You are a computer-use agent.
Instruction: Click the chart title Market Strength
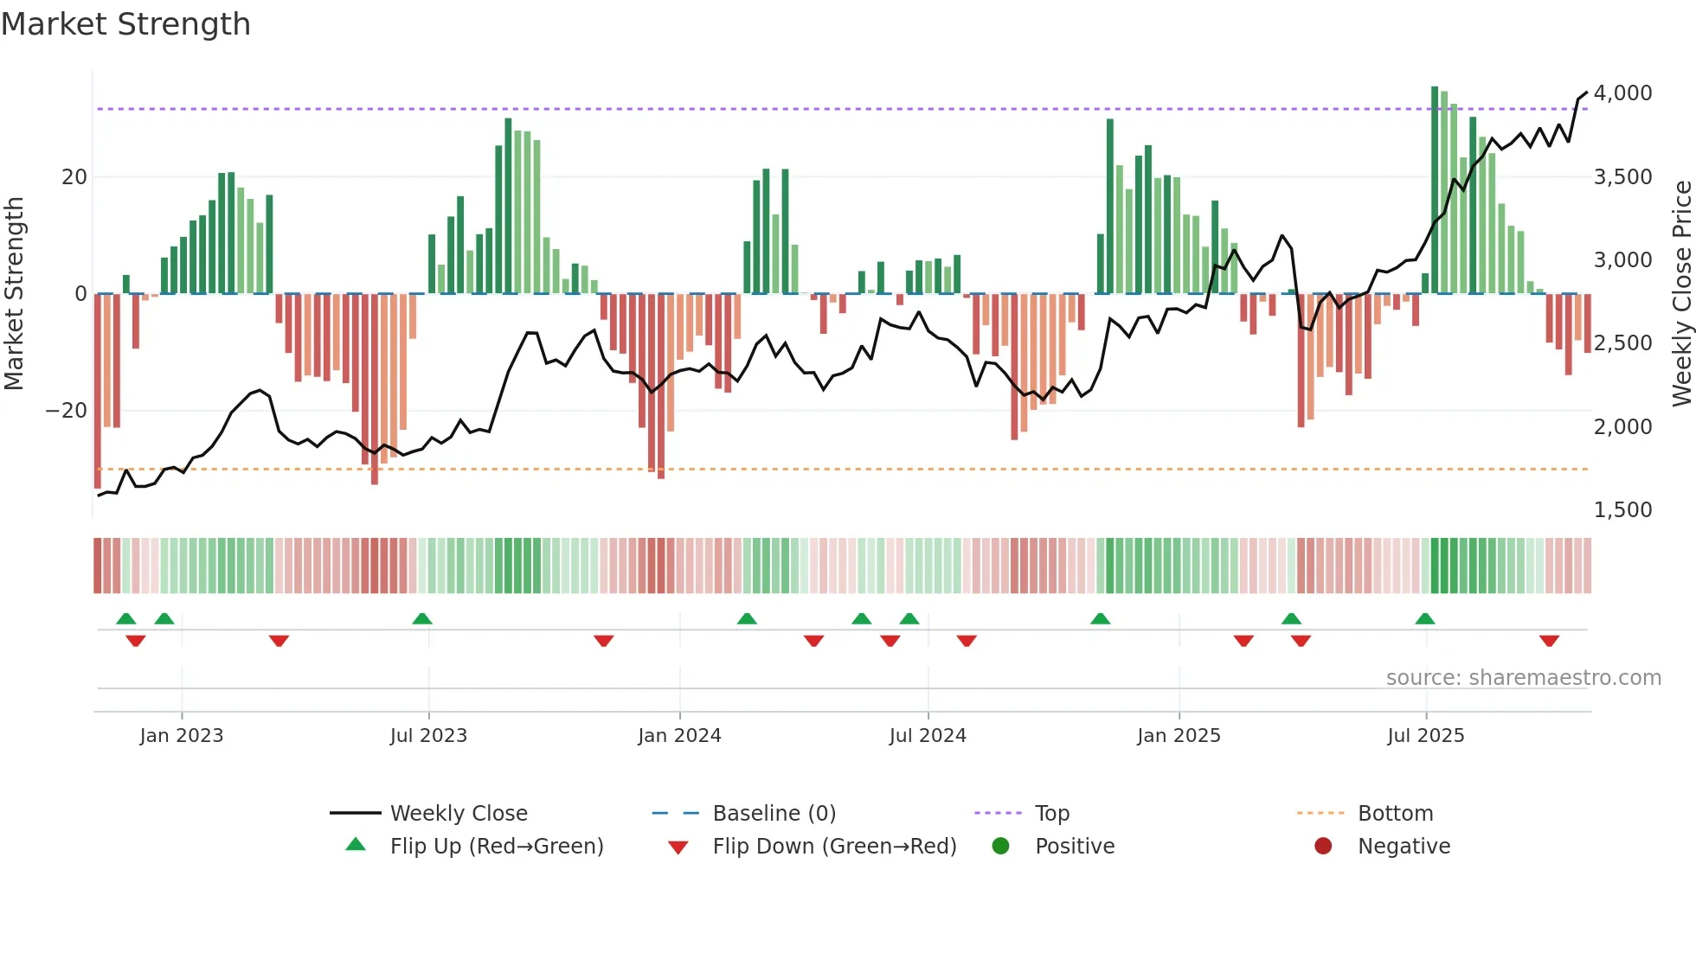(x=126, y=24)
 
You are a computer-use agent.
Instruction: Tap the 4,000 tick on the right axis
(x=1622, y=93)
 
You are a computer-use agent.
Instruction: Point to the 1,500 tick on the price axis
(x=1622, y=510)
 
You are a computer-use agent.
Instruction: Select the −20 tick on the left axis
(x=67, y=411)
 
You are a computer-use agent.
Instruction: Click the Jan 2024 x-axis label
(x=679, y=736)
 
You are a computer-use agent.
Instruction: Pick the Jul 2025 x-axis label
(x=1425, y=736)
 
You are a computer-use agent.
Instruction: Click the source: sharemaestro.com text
(x=1523, y=678)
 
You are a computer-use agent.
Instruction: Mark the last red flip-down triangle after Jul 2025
(x=1549, y=641)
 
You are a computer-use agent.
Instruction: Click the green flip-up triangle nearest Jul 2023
(x=422, y=618)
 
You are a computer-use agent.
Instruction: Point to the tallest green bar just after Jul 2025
(x=1435, y=190)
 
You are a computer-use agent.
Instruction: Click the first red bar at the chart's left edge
(x=98, y=389)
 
